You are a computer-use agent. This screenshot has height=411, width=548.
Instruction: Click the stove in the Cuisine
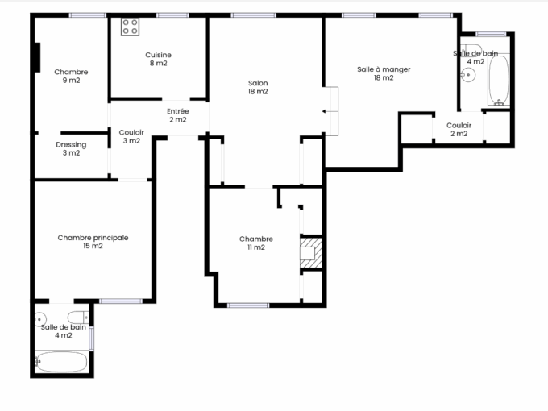[130, 27]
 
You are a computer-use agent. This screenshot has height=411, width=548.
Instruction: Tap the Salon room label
[258, 87]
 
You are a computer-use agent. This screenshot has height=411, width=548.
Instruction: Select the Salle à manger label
[384, 73]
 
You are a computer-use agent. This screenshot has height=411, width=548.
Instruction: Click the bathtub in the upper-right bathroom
[499, 80]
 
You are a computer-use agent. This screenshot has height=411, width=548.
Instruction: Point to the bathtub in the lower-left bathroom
[61, 362]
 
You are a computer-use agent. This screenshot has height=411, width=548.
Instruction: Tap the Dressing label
[71, 148]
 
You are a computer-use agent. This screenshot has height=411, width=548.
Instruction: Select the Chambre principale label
[93, 241]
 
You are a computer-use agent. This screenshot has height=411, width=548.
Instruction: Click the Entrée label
[177, 115]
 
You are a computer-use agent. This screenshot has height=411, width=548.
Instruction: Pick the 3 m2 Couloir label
[131, 136]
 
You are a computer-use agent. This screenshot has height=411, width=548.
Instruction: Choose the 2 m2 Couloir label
[459, 129]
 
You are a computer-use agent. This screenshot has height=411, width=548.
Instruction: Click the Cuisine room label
[158, 59]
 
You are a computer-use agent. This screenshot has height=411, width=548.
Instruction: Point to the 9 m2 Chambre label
[71, 76]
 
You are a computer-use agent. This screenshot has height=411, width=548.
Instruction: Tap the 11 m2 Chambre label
[256, 243]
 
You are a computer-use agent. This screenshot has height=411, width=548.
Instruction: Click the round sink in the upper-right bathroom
[469, 75]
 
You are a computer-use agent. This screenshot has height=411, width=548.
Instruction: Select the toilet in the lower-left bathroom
[77, 316]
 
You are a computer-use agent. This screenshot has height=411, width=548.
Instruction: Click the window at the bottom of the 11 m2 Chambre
[247, 305]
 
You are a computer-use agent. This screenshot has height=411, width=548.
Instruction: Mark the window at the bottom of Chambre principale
[120, 301]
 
